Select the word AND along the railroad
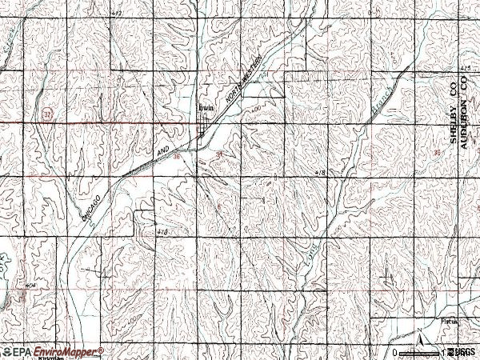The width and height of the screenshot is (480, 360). tap(164, 150)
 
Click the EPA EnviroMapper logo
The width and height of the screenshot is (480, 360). tap(52, 351)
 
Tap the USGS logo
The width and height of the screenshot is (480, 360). tap(463, 351)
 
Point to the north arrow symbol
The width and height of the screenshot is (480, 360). tap(419, 340)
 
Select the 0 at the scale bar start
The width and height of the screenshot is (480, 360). tap(394, 352)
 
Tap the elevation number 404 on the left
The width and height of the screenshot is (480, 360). tap(10, 284)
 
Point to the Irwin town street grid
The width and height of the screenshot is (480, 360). tap(206, 124)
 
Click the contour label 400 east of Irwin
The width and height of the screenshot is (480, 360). tap(256, 107)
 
